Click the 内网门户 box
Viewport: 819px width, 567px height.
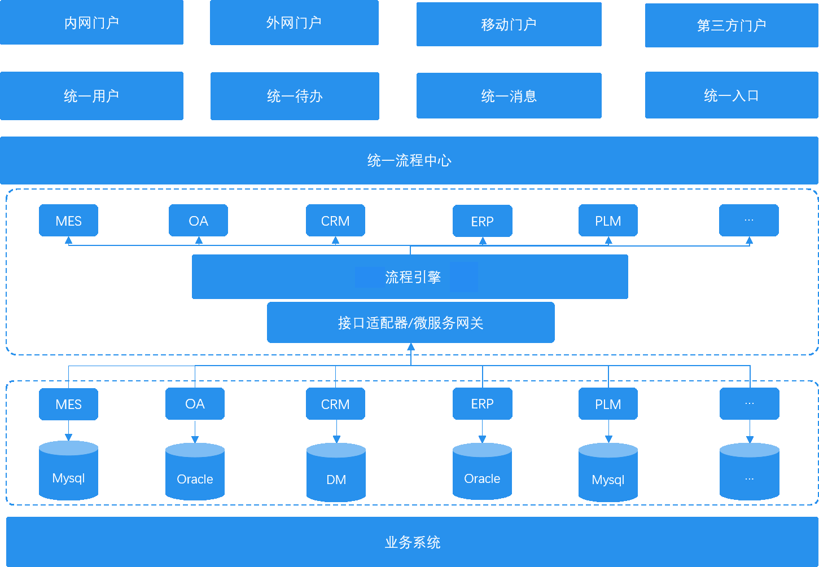click(x=91, y=23)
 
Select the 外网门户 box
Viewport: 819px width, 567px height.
click(x=294, y=23)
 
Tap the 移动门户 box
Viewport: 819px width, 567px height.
click(x=509, y=24)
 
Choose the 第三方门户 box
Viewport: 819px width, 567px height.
click(x=732, y=25)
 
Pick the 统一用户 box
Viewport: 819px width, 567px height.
click(x=91, y=96)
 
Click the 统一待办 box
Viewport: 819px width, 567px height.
click(x=295, y=96)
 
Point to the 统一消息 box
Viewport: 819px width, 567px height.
click(x=509, y=96)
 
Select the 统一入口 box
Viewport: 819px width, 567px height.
click(x=732, y=95)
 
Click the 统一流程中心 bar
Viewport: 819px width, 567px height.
click(x=409, y=160)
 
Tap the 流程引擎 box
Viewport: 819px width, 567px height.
click(x=410, y=277)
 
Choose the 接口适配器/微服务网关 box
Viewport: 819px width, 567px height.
click(x=410, y=323)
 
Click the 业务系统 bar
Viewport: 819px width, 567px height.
click(x=412, y=542)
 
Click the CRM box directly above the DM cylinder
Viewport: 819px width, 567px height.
click(x=335, y=404)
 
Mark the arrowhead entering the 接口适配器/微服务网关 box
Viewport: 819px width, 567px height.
click(x=411, y=347)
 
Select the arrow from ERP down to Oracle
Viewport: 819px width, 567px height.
click(x=482, y=432)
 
